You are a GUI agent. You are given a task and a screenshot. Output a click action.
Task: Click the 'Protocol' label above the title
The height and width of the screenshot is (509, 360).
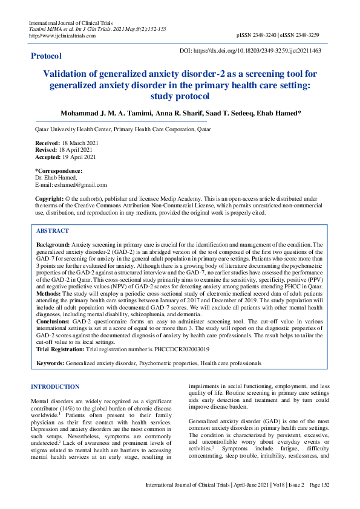coord(46,56)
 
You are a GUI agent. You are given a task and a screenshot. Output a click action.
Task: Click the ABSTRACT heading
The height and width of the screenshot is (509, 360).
coord(53,231)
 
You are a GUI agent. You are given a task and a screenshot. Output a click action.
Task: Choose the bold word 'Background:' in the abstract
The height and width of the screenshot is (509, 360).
coord(53,243)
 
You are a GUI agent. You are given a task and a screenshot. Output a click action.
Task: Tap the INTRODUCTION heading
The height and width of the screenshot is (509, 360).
coord(55,386)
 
